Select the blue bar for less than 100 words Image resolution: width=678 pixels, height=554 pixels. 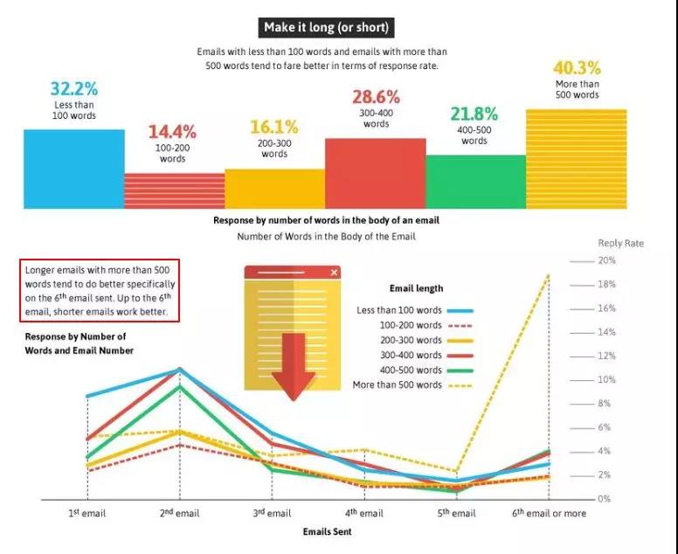[73, 169]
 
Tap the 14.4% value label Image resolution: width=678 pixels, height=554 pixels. [171, 132]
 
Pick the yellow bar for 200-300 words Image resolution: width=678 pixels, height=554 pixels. [274, 189]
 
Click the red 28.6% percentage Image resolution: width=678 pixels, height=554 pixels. [376, 97]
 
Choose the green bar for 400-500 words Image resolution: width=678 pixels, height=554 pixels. [475, 182]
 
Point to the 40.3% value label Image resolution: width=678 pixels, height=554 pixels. [577, 67]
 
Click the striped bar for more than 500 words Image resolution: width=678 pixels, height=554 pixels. [576, 158]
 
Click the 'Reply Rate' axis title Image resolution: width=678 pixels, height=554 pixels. [620, 243]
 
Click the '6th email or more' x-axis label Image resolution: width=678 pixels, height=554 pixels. [549, 513]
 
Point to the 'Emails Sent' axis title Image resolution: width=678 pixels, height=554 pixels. [327, 531]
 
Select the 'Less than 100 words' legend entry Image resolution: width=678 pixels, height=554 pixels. [399, 310]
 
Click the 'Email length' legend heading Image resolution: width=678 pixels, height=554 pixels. [415, 288]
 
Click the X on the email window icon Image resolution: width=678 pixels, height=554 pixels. [333, 273]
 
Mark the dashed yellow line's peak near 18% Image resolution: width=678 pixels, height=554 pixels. [548, 276]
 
